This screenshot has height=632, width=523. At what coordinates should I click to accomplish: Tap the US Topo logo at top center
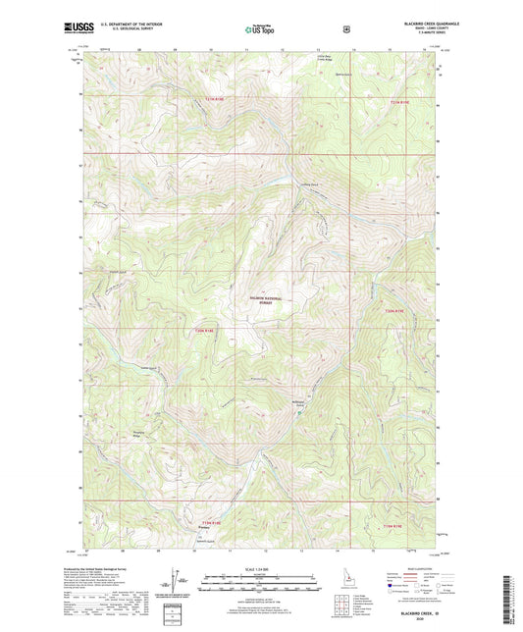260,30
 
